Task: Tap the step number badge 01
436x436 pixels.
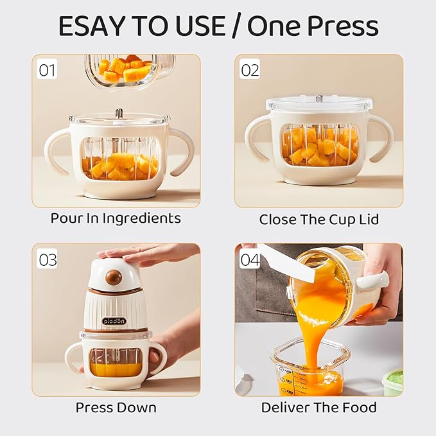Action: pos(48,69)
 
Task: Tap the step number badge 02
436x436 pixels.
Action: pos(249,69)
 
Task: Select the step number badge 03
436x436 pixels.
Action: pos(48,259)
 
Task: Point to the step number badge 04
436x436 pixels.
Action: pos(249,259)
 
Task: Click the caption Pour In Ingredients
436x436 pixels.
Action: pos(116,218)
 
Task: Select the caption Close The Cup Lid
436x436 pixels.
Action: pos(319,219)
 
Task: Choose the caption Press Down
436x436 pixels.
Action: pos(116,407)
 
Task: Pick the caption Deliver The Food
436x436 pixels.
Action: pos(319,407)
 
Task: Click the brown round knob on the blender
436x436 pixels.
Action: pos(114,278)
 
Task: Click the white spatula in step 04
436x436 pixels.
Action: pos(289,264)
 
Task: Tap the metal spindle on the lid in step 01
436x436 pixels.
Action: pos(119,113)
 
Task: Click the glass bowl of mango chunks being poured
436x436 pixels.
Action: pos(128,69)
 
